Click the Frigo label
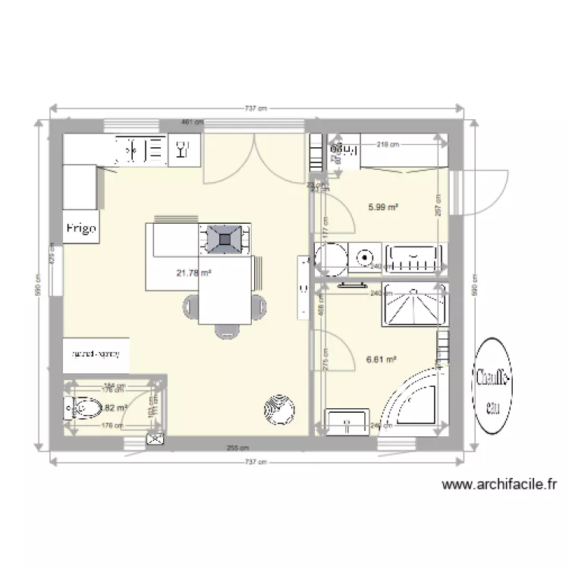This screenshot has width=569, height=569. pos(81,228)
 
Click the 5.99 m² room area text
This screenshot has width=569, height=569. pos(384,206)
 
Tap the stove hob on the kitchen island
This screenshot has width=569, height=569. pos(225,238)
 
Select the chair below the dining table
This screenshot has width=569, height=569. pos(225,331)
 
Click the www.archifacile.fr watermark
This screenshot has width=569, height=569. pos(499,483)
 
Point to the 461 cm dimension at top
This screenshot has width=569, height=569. pos(192,121)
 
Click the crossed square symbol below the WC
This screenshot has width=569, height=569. pos(156,439)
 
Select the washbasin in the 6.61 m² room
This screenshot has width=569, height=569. pos(347,420)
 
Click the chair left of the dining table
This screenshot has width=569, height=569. pos(189,306)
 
